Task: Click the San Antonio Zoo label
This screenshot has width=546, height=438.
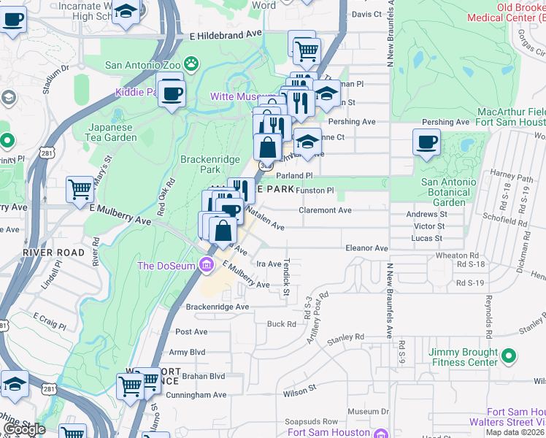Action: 142,64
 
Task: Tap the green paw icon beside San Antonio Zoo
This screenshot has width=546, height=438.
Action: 191,64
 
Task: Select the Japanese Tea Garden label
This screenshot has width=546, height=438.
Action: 112,132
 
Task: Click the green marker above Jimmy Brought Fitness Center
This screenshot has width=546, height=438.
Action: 510,356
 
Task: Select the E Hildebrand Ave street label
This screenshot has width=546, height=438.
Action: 225,34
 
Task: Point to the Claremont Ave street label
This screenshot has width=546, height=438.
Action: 325,210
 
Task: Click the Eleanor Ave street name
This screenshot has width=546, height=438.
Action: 366,248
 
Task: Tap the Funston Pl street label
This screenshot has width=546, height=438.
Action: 315,191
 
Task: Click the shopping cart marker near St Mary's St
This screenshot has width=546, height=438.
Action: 80,189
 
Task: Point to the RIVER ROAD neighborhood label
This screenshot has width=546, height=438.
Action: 44,252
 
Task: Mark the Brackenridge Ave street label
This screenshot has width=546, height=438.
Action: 217,307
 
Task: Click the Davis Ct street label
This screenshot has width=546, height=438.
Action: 366,14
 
